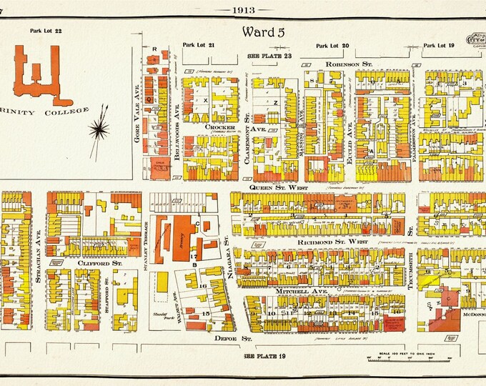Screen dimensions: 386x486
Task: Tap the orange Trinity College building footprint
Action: tap(43, 75)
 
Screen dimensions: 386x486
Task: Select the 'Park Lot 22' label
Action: tap(46, 31)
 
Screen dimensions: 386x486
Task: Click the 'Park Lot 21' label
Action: tap(199, 45)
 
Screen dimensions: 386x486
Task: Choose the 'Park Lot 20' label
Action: tap(334, 45)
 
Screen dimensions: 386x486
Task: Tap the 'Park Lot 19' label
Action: tap(440, 45)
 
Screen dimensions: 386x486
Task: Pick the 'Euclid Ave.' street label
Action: tap(349, 142)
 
